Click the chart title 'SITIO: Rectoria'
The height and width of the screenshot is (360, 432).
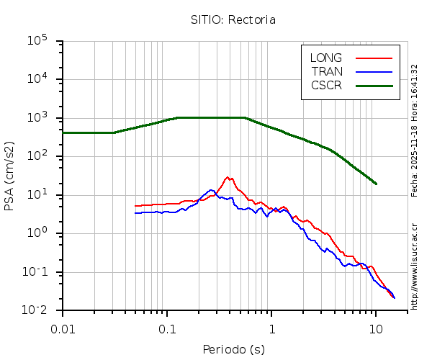pyautogui.click(x=233, y=20)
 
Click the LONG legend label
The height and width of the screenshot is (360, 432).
pyautogui.click(x=326, y=58)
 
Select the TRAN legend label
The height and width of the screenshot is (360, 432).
pyautogui.click(x=327, y=71)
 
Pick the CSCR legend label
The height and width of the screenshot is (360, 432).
pyautogui.click(x=326, y=85)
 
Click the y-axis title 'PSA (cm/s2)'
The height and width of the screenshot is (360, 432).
pyautogui.click(x=10, y=176)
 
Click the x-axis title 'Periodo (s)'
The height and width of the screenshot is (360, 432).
pyautogui.click(x=233, y=349)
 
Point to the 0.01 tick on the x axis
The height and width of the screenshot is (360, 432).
pyautogui.click(x=63, y=328)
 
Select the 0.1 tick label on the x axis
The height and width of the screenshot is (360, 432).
pyautogui.click(x=167, y=328)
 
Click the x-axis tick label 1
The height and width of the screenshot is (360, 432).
pyautogui.click(x=271, y=328)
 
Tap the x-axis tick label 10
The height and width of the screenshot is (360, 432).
pyautogui.click(x=376, y=328)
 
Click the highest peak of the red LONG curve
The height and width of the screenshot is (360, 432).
pyautogui.click(x=228, y=177)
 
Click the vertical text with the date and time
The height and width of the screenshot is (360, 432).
pyautogui.click(x=415, y=130)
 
